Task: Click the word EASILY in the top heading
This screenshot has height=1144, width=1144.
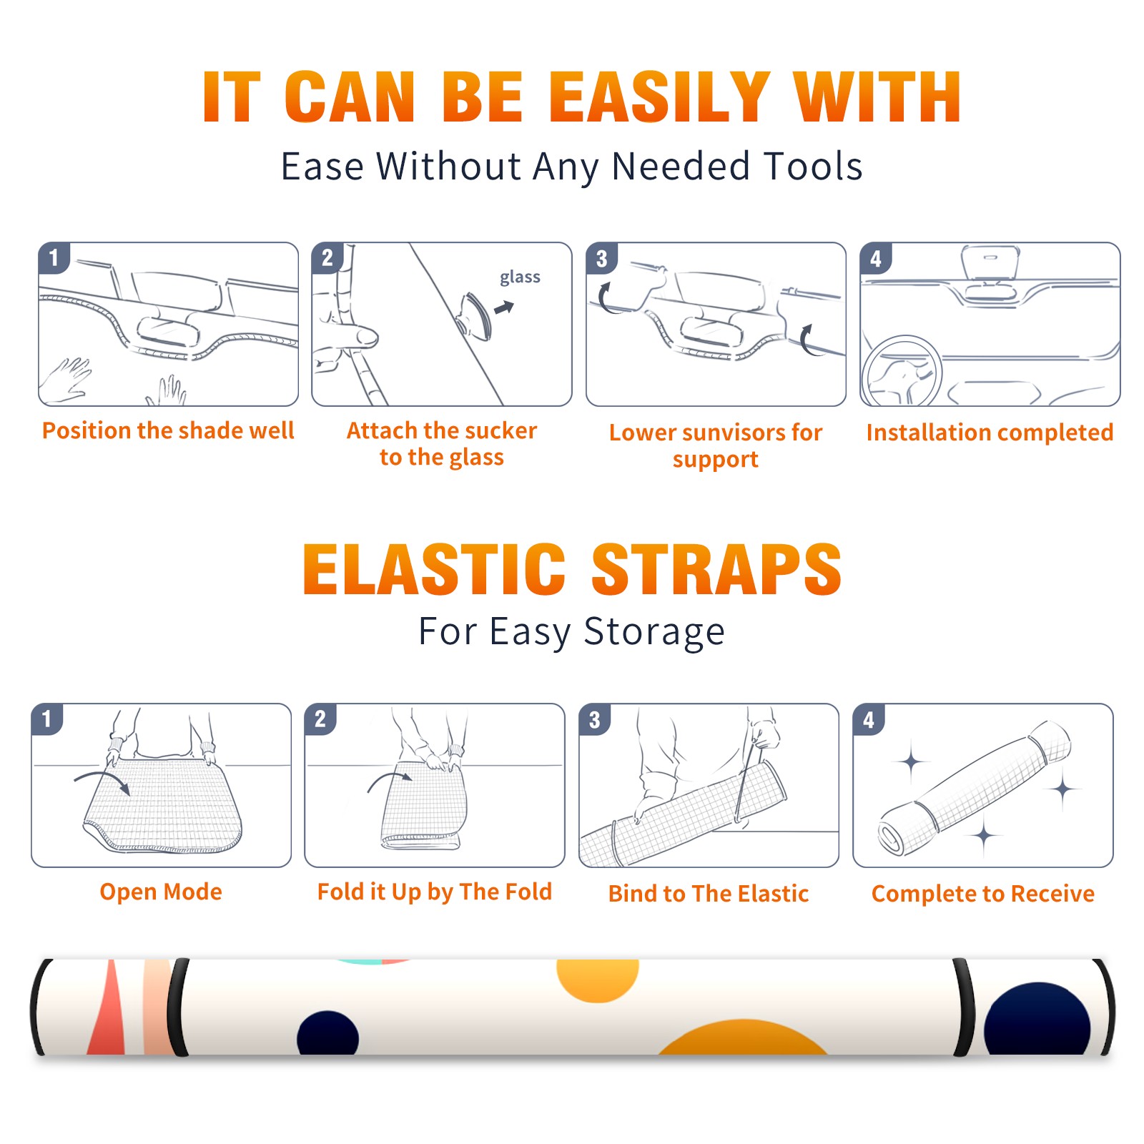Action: pyautogui.click(x=659, y=97)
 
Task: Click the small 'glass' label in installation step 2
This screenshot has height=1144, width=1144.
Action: pyautogui.click(x=520, y=277)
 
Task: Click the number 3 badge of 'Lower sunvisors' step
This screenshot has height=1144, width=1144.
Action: pyautogui.click(x=601, y=259)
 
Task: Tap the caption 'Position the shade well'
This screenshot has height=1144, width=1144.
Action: pyautogui.click(x=168, y=430)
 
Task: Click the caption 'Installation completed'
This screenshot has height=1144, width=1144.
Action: pyautogui.click(x=990, y=433)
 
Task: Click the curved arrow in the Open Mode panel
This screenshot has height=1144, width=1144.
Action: pyautogui.click(x=102, y=780)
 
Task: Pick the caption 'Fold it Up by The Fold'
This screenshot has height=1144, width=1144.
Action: pyautogui.click(x=435, y=892)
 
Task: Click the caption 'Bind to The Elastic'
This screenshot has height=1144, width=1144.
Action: pyautogui.click(x=709, y=894)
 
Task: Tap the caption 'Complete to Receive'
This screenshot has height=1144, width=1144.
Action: pyautogui.click(x=983, y=894)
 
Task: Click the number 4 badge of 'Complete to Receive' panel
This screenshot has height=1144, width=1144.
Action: pyautogui.click(x=869, y=719)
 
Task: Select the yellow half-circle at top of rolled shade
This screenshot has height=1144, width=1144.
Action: pyautogui.click(x=598, y=980)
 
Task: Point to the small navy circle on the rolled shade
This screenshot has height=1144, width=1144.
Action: pyautogui.click(x=327, y=1033)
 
